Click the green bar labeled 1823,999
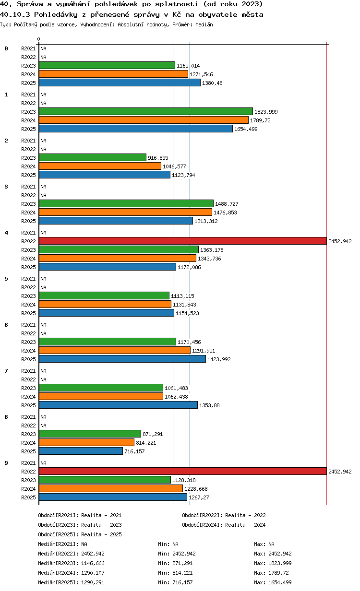pyautogui.click(x=146, y=111)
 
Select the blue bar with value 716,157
pyautogui.click(x=81, y=451)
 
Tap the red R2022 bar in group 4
pyautogui.click(x=183, y=241)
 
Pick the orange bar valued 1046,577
pyautogui.click(x=100, y=166)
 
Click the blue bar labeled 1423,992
pyautogui.click(x=122, y=359)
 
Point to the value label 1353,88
pyautogui.click(x=209, y=405)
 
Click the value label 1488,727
pyautogui.click(x=227, y=204)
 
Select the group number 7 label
pyautogui.click(x=6, y=371)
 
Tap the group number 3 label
pyautogui.click(x=6, y=187)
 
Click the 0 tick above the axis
pyautogui.click(x=38, y=39)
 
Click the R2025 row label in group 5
pyautogui.click(x=28, y=313)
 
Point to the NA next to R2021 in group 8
pyautogui.click(x=43, y=417)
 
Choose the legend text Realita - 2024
pyautogui.click(x=245, y=525)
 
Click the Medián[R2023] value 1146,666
pyautogui.click(x=93, y=563)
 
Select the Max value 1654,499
pyautogui.click(x=280, y=582)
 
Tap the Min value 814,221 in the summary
pyautogui.click(x=182, y=573)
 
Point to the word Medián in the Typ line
pyautogui.click(x=204, y=24)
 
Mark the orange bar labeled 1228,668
pyautogui.click(x=111, y=488)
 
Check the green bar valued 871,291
pyautogui.click(x=90, y=434)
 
